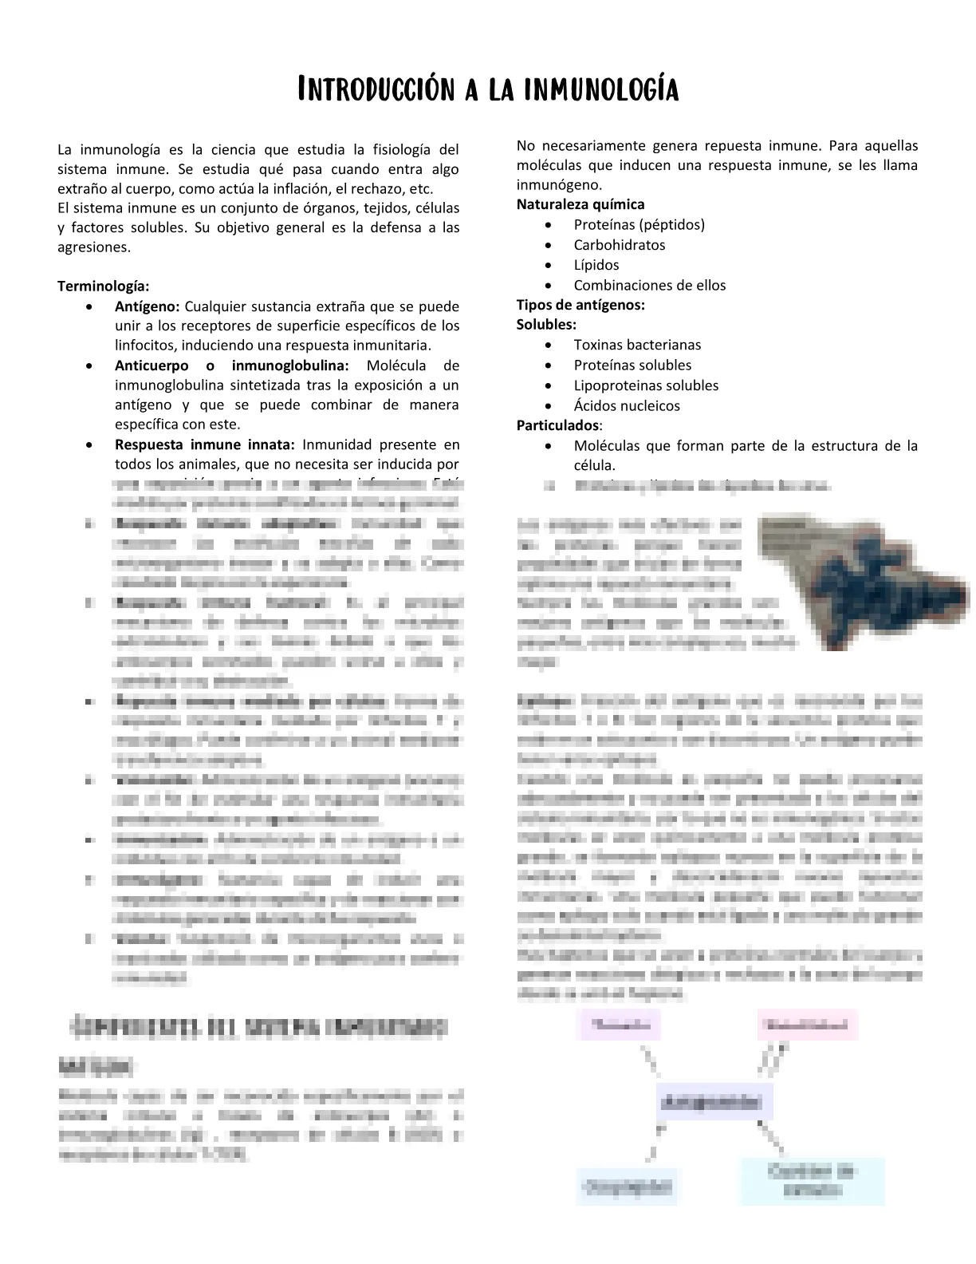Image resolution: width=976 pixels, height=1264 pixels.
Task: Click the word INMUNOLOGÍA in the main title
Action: point(602,89)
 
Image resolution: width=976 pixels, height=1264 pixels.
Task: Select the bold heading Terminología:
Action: point(104,286)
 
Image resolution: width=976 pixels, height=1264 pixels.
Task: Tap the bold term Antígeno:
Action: point(148,306)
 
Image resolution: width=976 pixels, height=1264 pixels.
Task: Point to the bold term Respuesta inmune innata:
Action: point(205,444)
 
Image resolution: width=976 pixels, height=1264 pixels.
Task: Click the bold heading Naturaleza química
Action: point(580,204)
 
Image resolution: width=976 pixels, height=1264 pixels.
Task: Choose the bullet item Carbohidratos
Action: point(620,245)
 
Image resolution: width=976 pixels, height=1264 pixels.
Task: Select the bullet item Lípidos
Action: point(596,265)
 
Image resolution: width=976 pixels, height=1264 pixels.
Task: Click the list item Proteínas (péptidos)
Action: point(640,224)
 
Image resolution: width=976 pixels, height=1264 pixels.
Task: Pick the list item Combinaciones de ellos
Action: point(650,285)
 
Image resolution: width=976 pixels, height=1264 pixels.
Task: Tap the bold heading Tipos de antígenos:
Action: point(580,305)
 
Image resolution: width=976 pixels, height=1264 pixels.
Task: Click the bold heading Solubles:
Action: point(546,325)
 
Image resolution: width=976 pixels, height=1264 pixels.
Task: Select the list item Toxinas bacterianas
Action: point(638,345)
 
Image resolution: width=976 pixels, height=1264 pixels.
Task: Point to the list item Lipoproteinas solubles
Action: point(646,385)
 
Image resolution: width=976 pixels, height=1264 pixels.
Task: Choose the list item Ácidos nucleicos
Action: point(627,405)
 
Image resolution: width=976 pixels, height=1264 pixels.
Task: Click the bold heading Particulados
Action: point(557,425)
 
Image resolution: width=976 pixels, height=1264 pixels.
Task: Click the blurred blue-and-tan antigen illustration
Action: point(861,579)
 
